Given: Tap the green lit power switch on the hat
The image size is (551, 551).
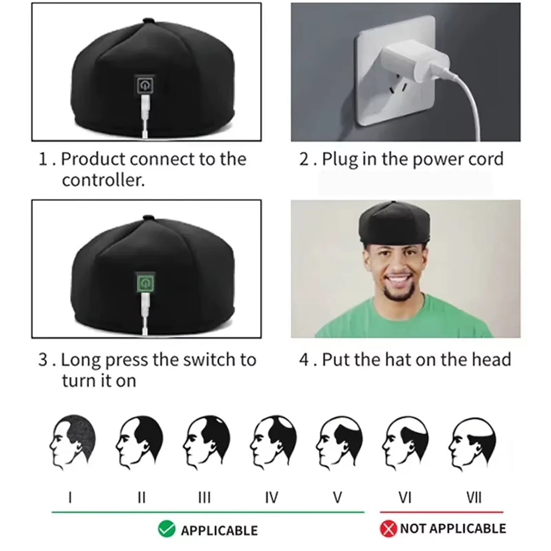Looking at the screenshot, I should point(145,283).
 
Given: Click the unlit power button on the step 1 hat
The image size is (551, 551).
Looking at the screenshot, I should point(145,85).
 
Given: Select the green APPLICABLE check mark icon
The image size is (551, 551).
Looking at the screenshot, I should point(167,529).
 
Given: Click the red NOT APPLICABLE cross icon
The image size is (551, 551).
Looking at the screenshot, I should point(388,529).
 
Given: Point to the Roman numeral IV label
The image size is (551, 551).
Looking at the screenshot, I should point(271,498).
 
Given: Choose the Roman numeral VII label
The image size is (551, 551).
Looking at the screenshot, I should point(474,498).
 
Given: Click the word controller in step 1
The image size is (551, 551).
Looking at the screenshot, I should point(103,180).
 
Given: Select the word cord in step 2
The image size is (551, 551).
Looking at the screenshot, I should point(485,159).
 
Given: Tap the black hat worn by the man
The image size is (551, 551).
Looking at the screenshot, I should point(394,224).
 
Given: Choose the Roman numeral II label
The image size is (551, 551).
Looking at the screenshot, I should point(141,498).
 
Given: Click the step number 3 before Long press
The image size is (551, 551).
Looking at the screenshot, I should point(43,360).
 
